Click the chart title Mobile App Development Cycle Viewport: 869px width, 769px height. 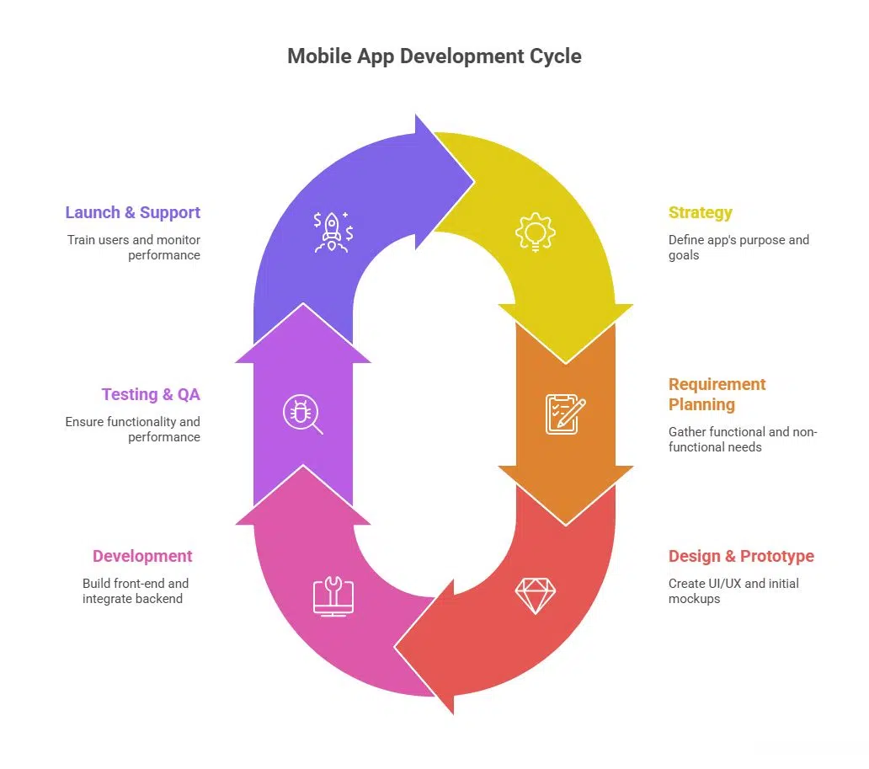tap(434, 56)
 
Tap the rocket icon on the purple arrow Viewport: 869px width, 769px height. tap(333, 232)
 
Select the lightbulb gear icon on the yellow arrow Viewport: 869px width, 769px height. tap(536, 232)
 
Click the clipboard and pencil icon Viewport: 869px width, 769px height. tap(565, 414)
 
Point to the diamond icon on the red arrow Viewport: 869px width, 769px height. tap(535, 595)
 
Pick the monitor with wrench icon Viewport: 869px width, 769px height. tap(333, 595)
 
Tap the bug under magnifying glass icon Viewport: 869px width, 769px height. tap(302, 414)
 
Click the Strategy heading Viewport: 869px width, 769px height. tap(700, 212)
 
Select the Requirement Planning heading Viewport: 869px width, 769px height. tap(717, 394)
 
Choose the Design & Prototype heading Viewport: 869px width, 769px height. tap(741, 556)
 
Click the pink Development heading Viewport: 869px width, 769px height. tap(142, 556)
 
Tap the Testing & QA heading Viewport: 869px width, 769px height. tap(151, 394)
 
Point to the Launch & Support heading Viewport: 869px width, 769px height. tap(133, 212)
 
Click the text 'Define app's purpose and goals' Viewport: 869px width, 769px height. tap(738, 247)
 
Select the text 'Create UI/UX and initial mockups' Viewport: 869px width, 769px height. tap(733, 590)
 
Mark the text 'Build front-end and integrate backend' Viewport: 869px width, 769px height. tap(135, 590)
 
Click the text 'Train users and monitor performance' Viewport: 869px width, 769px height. tap(134, 247)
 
